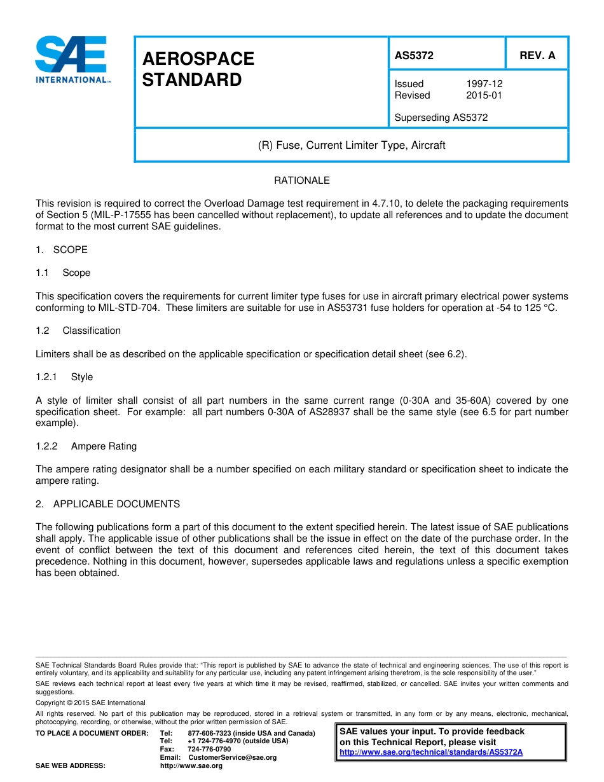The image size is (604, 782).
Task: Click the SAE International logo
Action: click(x=72, y=60)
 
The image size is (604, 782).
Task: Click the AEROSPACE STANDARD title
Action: click(x=198, y=69)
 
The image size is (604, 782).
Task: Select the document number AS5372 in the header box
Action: click(x=414, y=55)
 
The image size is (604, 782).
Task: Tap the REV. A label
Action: click(x=537, y=55)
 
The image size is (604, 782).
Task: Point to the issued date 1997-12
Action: click(x=484, y=84)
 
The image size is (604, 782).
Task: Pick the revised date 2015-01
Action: click(x=484, y=95)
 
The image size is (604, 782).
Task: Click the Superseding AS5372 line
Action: click(x=441, y=118)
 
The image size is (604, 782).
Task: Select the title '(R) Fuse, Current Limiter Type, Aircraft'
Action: click(x=351, y=145)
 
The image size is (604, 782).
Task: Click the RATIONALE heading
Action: click(x=301, y=181)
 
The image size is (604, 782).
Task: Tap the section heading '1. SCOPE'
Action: click(x=62, y=250)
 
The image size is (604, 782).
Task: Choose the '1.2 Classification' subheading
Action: click(x=78, y=331)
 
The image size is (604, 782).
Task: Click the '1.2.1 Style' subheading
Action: click(x=64, y=377)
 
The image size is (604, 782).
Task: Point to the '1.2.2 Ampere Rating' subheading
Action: click(x=86, y=446)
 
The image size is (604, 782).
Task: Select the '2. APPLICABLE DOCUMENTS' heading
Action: click(x=107, y=504)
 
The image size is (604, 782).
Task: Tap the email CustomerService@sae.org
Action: click(x=232, y=757)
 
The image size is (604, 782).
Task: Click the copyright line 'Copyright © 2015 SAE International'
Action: click(x=90, y=703)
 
